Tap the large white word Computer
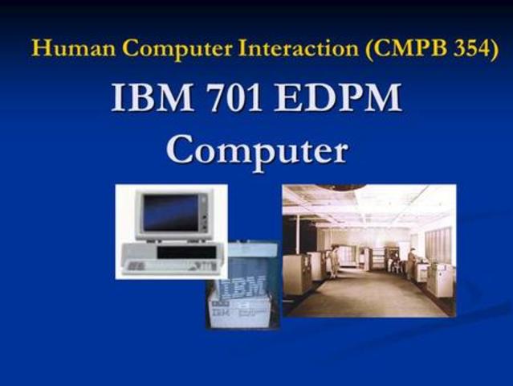257,150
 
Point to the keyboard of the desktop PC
157,265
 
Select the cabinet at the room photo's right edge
441,277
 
